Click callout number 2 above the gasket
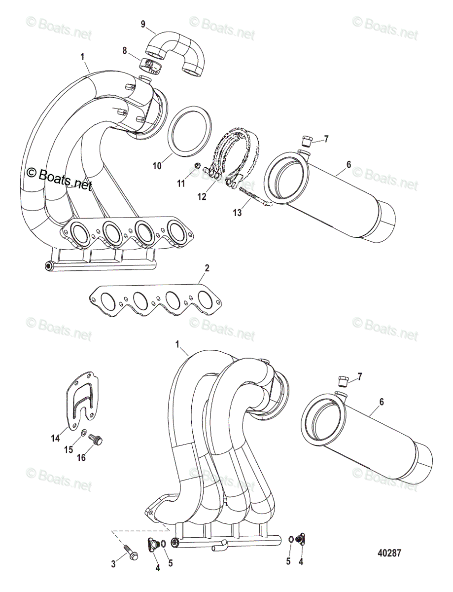(207, 268)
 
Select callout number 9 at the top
(143, 24)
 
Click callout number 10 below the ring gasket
(157, 167)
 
